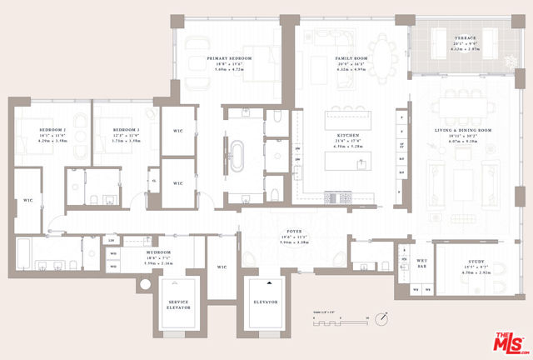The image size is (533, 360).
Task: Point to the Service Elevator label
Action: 181,304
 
